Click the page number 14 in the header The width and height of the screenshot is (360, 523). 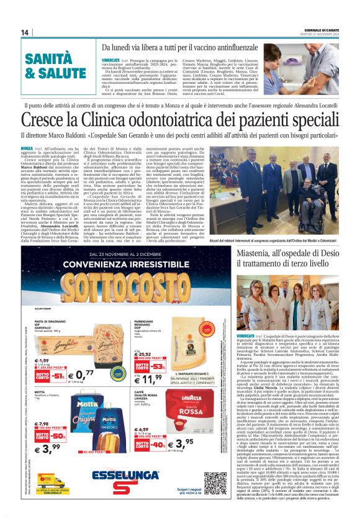click(x=25, y=32)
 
